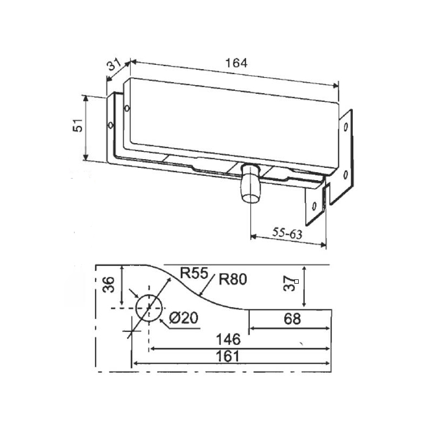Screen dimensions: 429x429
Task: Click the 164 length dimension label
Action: click(236, 63)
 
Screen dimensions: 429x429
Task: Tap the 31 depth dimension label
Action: click(114, 65)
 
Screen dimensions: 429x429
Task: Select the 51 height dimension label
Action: click(78, 125)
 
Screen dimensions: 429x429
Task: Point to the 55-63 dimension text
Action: click(287, 233)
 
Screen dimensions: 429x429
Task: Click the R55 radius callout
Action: click(194, 272)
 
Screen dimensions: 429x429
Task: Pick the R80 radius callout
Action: click(233, 279)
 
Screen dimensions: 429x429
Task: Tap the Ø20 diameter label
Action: click(183, 318)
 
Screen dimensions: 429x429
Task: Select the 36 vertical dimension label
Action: click(109, 285)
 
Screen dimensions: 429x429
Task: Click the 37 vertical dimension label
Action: click(289, 284)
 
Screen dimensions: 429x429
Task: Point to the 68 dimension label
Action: click(292, 319)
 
